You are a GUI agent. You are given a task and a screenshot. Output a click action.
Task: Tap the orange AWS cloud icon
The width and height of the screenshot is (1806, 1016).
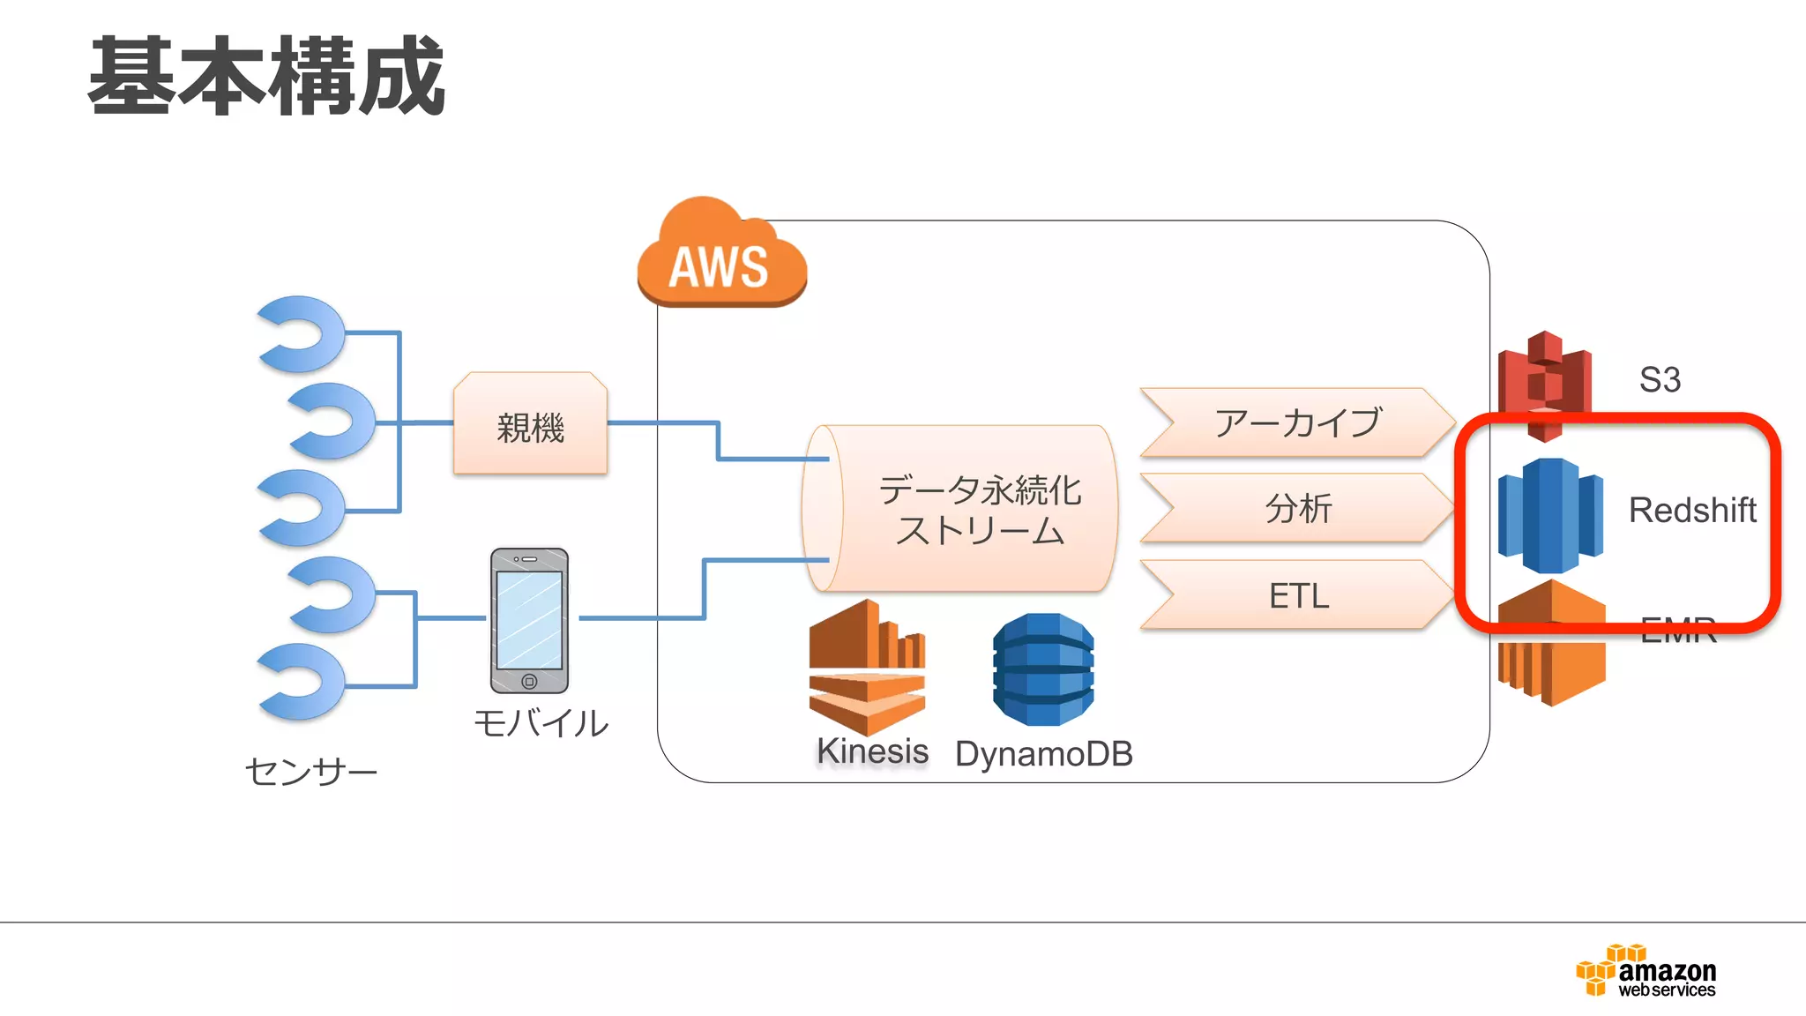[721, 258]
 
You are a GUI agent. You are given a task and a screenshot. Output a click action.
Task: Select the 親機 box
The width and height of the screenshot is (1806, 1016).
[530, 425]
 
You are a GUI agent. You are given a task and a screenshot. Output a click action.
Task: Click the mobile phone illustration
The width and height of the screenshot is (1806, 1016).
[529, 620]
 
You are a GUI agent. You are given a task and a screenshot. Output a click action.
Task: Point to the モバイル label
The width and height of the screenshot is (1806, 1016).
[541, 723]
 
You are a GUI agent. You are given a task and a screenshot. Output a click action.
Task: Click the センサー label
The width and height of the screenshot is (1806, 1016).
[310, 772]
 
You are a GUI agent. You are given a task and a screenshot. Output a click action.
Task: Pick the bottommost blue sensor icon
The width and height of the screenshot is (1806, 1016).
[302, 681]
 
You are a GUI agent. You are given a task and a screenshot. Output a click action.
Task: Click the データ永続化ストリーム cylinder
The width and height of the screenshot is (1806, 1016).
[961, 509]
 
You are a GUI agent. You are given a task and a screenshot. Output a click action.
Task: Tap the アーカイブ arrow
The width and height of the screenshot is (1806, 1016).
[1296, 422]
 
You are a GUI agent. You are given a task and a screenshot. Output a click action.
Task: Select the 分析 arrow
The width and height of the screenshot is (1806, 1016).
[1296, 508]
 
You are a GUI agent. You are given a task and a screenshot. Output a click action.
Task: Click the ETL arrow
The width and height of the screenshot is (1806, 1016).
[1296, 595]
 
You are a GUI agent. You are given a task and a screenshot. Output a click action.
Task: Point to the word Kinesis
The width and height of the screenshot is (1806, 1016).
[872, 751]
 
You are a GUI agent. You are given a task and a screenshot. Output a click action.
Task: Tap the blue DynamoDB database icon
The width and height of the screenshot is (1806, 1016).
[1043, 669]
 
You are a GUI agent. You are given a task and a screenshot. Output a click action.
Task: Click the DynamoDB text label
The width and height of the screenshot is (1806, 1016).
[1043, 754]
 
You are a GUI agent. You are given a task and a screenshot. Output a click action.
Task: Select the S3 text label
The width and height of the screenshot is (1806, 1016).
[1660, 380]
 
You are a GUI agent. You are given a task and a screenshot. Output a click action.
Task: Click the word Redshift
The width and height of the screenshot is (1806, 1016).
[1691, 510]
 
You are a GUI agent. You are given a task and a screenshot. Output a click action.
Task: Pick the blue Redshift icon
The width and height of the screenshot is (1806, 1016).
[1550, 515]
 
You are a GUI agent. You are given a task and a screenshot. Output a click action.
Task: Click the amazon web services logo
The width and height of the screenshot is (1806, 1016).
[1646, 971]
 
